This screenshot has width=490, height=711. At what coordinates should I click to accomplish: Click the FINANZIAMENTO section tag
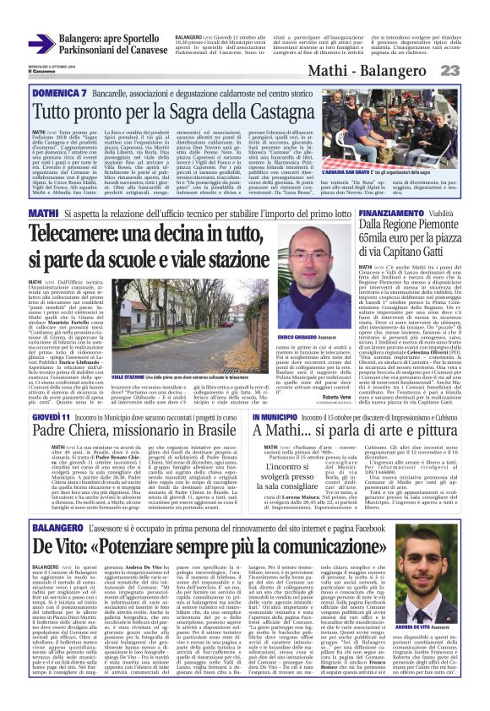click(400, 214)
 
